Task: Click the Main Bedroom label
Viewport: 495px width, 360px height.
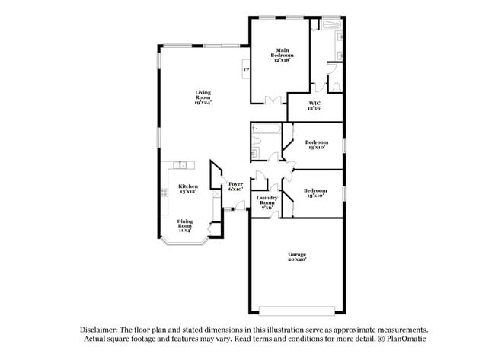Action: pyautogui.click(x=282, y=56)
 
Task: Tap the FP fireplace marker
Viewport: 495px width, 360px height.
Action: pyautogui.click(x=246, y=71)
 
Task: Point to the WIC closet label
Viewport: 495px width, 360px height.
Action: pyautogui.click(x=314, y=106)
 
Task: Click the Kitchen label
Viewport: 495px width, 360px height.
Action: pyautogui.click(x=188, y=189)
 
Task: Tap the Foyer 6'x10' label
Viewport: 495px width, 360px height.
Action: pyautogui.click(x=235, y=186)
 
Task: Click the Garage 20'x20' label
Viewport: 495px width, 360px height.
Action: pyautogui.click(x=296, y=257)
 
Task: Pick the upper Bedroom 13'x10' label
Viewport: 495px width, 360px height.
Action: pyautogui.click(x=316, y=145)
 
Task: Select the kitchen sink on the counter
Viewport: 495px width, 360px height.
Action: pyautogui.click(x=180, y=165)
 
